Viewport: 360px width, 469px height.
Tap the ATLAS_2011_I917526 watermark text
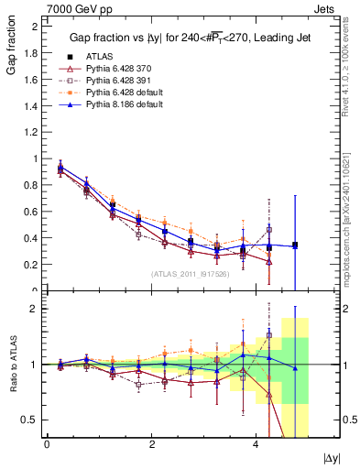pos(190,273)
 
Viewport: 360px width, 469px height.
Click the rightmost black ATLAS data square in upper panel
pos(295,245)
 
